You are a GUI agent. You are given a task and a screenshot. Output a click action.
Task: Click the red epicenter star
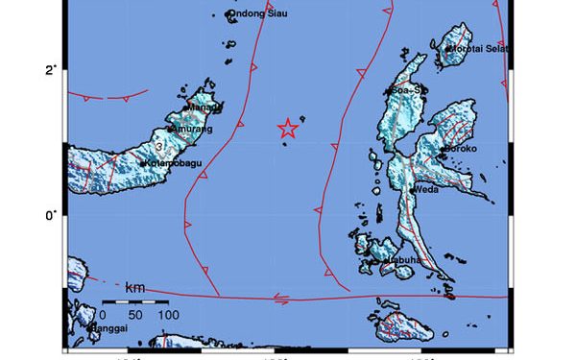click(x=288, y=129)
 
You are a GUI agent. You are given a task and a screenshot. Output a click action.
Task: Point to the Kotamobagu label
click(x=174, y=163)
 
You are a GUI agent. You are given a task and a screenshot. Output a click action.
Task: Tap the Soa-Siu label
click(x=408, y=90)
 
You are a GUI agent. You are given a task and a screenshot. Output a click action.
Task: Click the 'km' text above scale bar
click(x=134, y=287)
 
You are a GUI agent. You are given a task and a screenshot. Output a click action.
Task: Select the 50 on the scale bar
click(x=134, y=315)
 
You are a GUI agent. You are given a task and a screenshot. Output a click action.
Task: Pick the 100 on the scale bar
click(x=167, y=315)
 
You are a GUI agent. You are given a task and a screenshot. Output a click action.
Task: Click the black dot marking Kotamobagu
click(x=142, y=163)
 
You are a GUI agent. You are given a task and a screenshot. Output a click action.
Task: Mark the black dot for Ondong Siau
click(x=230, y=14)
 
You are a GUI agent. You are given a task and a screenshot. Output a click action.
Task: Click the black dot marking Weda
click(x=412, y=190)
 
